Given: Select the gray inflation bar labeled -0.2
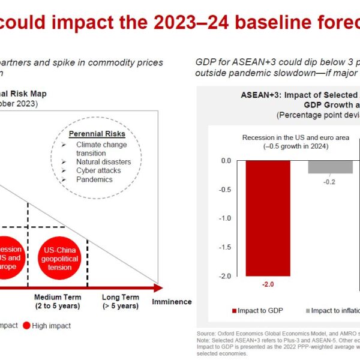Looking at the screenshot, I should click(330, 167).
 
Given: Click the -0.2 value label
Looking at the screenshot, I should click(330, 181).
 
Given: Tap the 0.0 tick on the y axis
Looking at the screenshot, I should click(226, 161).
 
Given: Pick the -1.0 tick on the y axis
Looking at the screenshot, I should click(226, 218).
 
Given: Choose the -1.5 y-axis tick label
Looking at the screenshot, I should click(226, 247).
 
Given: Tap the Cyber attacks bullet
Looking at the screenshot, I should click(98, 170).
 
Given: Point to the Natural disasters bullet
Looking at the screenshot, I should click(103, 162).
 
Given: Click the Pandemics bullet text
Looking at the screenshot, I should click(94, 179).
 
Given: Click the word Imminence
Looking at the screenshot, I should click(172, 302).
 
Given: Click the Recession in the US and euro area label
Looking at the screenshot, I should click(295, 142).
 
